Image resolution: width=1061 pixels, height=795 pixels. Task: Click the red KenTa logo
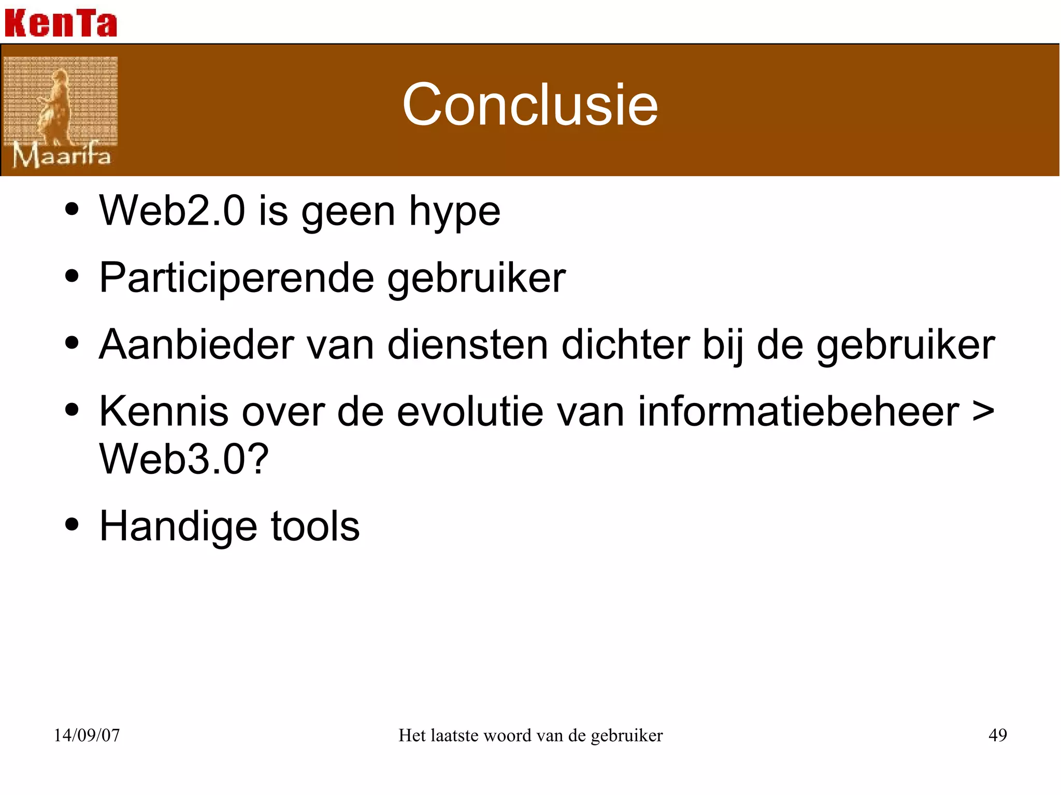coord(61,23)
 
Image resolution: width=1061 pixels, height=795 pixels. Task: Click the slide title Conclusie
coord(530,105)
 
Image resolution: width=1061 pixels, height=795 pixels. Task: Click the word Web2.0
coord(172,211)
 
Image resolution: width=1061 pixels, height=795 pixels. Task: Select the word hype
coord(454,212)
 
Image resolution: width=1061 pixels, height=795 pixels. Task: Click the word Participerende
coord(236,278)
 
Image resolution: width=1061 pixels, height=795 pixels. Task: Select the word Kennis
coord(164,411)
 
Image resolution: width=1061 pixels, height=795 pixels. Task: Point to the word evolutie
coord(469,411)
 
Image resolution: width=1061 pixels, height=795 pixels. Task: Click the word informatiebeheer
coord(798,411)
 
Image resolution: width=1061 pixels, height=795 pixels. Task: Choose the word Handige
coord(178,527)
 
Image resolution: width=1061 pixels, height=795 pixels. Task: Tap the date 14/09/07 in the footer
coord(87,735)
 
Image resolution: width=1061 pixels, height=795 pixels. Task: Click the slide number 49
coord(997,735)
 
